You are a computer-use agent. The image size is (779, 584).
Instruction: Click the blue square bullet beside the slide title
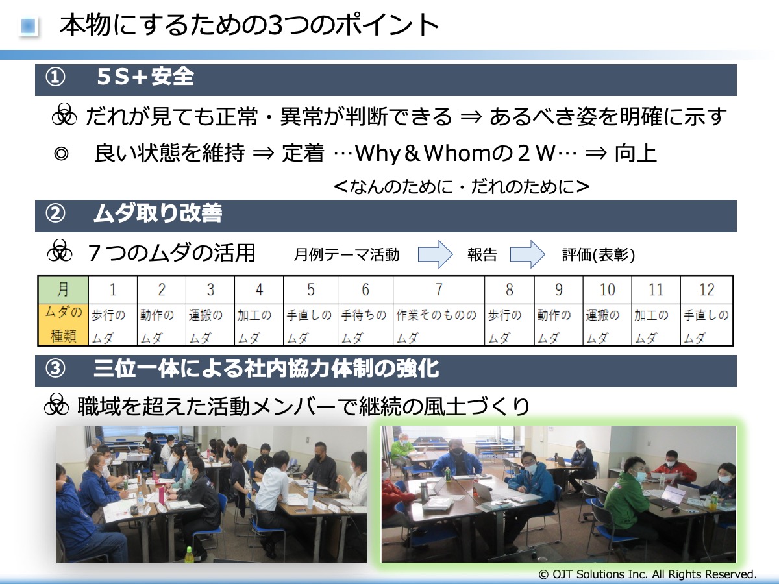28,26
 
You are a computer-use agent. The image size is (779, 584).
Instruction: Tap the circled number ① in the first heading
55,77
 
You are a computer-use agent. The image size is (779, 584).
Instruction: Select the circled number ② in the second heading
55,213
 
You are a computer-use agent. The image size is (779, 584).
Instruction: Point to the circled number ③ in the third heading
55,369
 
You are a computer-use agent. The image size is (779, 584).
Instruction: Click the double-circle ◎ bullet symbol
61,154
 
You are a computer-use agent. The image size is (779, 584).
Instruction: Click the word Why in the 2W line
378,154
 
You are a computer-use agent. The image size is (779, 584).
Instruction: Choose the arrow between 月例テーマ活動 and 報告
435,254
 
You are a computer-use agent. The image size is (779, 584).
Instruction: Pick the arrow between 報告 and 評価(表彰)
527,254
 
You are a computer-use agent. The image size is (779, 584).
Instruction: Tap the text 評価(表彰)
599,255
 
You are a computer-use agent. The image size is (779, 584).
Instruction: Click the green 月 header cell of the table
63,289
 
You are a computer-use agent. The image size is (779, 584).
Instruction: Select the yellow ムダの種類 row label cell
63,324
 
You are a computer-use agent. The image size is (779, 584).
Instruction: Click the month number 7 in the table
439,289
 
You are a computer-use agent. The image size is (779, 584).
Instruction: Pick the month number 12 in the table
706,289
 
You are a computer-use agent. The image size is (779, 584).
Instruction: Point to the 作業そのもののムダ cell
439,324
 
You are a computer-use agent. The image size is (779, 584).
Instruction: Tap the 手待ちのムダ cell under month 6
365,324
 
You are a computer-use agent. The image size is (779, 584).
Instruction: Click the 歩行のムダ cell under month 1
113,324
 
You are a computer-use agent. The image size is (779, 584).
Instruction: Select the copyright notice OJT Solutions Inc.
648,574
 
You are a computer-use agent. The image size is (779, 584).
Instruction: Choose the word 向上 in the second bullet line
636,153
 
